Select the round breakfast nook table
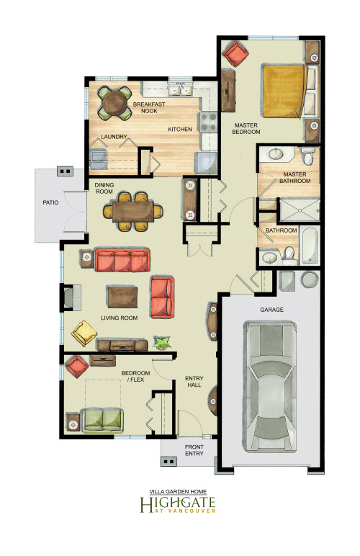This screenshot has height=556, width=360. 114,103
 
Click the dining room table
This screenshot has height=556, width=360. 133,212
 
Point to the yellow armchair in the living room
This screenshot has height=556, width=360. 84,333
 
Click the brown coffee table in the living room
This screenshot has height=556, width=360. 122,297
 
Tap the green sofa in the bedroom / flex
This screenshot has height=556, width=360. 102,421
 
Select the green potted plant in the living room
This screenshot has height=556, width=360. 162,343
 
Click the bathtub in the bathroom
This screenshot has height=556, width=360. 310,246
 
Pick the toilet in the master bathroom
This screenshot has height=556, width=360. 307,156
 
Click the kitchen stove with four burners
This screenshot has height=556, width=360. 209,122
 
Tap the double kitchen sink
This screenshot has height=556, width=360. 181,89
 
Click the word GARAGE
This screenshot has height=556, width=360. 271,310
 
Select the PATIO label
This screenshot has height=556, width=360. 50,202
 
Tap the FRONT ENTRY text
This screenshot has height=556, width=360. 194,450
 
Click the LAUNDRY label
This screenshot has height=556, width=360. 114,137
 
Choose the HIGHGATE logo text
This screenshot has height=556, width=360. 178,503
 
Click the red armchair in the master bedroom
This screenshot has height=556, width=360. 235,53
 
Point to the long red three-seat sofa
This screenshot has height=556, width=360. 122,260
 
